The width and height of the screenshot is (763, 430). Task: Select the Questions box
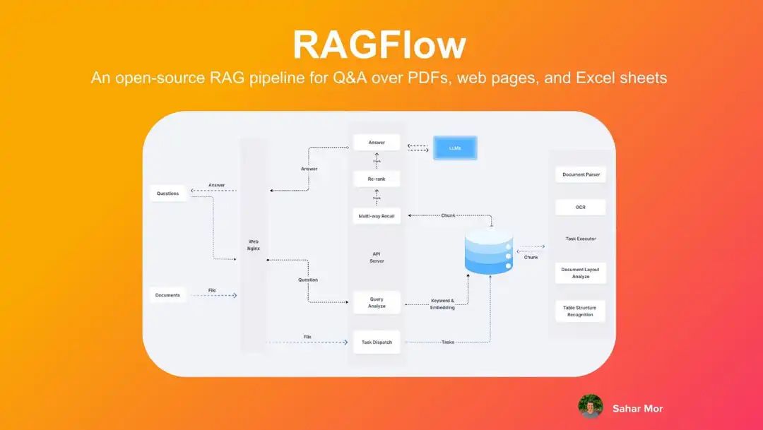click(x=167, y=193)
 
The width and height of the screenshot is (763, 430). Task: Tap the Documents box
click(x=167, y=295)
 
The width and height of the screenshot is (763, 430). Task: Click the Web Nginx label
click(x=254, y=245)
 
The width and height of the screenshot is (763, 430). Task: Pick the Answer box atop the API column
click(x=377, y=143)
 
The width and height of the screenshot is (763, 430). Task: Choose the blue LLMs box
click(x=455, y=148)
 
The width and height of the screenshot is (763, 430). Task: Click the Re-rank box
click(x=377, y=179)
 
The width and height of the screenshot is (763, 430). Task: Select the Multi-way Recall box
click(x=377, y=215)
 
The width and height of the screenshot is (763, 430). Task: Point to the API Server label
click(x=377, y=257)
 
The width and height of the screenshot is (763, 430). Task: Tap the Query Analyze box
click(x=377, y=303)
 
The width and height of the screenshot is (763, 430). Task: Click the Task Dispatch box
click(x=377, y=342)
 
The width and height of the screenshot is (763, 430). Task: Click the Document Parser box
click(x=581, y=174)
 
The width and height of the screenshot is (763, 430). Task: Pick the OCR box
click(x=581, y=208)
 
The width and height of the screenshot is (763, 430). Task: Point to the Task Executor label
click(x=581, y=239)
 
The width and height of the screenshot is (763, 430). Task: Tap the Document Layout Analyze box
click(x=581, y=273)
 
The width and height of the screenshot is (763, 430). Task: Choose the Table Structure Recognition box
click(x=581, y=311)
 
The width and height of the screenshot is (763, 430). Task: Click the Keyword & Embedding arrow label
click(x=443, y=304)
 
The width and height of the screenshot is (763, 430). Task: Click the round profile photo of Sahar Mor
click(x=590, y=407)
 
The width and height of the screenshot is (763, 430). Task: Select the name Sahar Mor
click(x=637, y=408)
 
